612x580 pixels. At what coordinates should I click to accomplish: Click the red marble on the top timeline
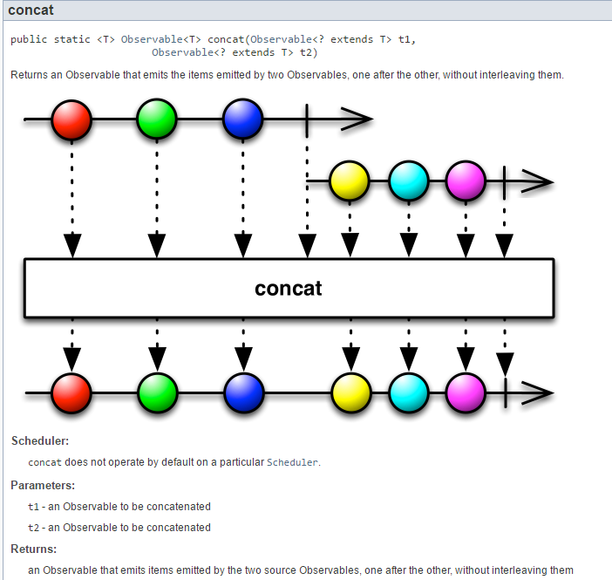[71, 119]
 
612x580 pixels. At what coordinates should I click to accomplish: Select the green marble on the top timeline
[157, 119]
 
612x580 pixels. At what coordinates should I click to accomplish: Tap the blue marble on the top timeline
[242, 119]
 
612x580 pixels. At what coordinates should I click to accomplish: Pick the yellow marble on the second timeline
[350, 182]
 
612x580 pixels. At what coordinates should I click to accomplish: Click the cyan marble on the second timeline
[408, 182]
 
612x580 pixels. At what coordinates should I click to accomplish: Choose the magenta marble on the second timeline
[466, 182]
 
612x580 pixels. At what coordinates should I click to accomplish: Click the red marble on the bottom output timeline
[71, 393]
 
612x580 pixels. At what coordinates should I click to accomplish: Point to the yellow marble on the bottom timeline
[350, 393]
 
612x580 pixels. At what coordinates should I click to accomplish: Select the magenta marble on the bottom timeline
[466, 393]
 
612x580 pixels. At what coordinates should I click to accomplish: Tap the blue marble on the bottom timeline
[242, 393]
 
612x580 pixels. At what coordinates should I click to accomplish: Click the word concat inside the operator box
[289, 289]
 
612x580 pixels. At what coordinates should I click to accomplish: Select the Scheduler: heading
[39, 441]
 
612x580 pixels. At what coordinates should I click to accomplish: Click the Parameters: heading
[43, 485]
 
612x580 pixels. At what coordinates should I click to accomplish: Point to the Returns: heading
[33, 549]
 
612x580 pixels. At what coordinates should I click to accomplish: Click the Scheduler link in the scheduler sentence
[292, 462]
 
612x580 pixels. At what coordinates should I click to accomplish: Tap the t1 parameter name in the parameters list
[34, 507]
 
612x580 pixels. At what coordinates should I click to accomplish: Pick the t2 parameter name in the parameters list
[34, 528]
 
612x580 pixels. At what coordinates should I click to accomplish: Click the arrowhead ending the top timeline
[357, 119]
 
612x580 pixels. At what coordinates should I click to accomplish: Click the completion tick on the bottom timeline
[506, 393]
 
